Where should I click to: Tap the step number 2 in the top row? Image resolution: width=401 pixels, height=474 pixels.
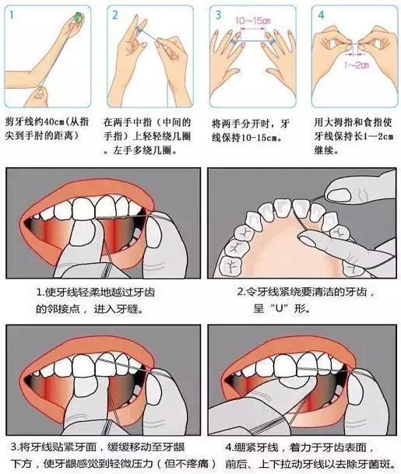(x=112, y=14)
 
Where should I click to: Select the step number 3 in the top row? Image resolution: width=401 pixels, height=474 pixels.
(x=219, y=14)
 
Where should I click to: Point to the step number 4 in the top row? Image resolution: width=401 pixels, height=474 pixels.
(x=319, y=14)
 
